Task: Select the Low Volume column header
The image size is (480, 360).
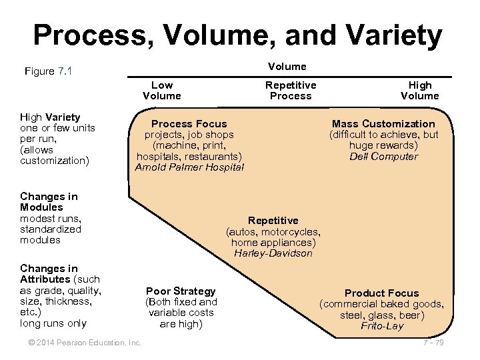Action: (161, 90)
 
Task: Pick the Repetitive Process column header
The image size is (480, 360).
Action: (291, 90)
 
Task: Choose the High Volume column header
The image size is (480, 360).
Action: (419, 90)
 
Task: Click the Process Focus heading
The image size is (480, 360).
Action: (189, 124)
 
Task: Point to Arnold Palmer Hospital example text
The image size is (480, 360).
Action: (189, 167)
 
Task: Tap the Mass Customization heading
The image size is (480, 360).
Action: (383, 124)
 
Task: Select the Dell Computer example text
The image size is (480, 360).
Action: (383, 157)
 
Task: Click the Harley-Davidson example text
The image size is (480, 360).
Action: (273, 253)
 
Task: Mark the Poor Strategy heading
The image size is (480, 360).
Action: (181, 291)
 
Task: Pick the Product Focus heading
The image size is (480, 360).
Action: (381, 293)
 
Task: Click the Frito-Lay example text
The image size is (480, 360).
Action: (381, 326)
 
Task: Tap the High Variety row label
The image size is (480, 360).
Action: (50, 117)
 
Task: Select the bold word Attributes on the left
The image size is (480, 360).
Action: (45, 279)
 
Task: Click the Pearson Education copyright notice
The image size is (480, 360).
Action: (80, 343)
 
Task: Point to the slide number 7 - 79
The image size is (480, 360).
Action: (433, 343)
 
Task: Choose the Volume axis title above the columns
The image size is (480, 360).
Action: (287, 66)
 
